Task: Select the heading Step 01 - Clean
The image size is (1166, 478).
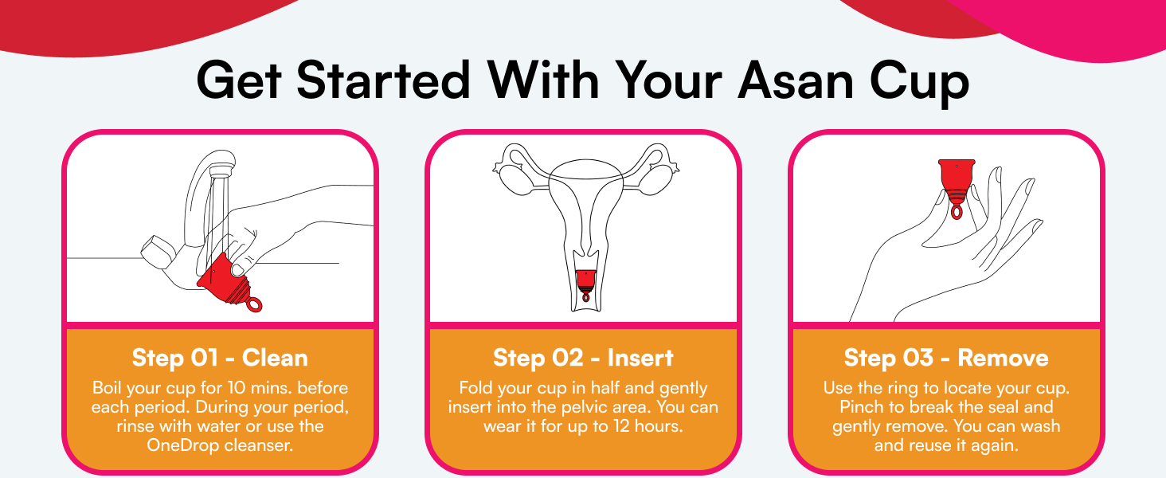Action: (220, 358)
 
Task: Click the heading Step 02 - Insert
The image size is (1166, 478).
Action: (583, 358)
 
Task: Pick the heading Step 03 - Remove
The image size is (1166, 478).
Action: (946, 358)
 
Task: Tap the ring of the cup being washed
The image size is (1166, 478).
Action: (253, 304)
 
